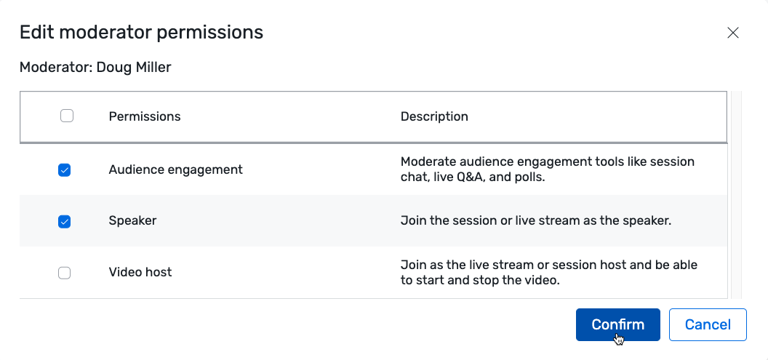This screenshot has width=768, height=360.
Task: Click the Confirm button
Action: pyautogui.click(x=617, y=325)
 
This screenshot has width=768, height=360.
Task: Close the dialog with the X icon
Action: pyautogui.click(x=733, y=33)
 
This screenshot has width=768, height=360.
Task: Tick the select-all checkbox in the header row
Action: pyautogui.click(x=67, y=116)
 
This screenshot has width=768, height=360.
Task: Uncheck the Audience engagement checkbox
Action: pyautogui.click(x=65, y=170)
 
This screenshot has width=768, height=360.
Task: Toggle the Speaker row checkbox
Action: pyautogui.click(x=65, y=222)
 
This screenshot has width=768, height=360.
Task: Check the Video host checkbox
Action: pyautogui.click(x=65, y=273)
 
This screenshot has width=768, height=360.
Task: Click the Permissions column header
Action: pyautogui.click(x=145, y=116)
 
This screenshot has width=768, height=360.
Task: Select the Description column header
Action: pyautogui.click(x=434, y=116)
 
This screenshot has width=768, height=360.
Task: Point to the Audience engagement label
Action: pyautogui.click(x=175, y=169)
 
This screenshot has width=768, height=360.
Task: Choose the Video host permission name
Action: pyautogui.click(x=140, y=272)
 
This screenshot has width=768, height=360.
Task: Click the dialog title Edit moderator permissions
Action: pyautogui.click(x=141, y=32)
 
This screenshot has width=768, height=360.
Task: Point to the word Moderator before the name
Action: pyautogui.click(x=50, y=68)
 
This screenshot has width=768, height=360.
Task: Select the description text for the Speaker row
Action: pyautogui.click(x=535, y=221)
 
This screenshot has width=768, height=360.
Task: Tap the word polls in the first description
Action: pyautogui.click(x=528, y=176)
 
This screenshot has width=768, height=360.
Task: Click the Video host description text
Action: pyautogui.click(x=548, y=272)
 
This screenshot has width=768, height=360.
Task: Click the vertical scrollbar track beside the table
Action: pyautogui.click(x=735, y=196)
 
